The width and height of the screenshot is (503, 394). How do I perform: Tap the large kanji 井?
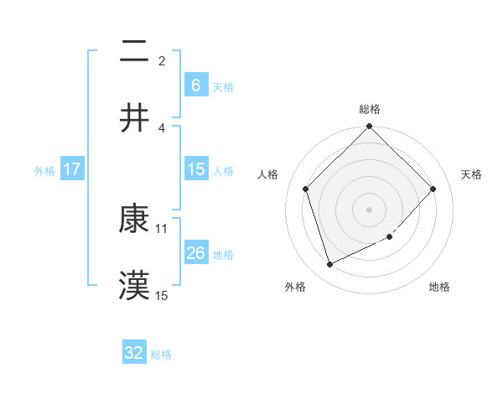point(134,118)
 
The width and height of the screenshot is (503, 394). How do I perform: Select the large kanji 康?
point(134,220)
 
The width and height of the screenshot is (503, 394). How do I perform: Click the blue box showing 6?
point(195,86)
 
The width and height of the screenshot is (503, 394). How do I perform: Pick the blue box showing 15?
point(195,169)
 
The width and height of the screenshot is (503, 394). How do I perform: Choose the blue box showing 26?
point(195,253)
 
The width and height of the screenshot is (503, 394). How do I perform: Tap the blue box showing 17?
point(72,169)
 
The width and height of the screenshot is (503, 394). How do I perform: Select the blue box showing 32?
point(134,353)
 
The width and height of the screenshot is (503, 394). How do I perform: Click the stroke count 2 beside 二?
point(162,60)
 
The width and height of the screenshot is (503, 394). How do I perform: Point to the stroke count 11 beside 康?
point(162,228)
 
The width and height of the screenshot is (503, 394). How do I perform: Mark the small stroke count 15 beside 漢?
point(162,295)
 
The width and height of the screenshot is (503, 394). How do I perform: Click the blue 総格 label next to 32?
point(161,355)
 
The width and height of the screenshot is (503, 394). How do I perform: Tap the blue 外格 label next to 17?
point(44,170)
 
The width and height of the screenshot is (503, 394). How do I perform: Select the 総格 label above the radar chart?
point(369,109)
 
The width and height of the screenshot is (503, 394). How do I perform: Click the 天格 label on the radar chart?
point(472,174)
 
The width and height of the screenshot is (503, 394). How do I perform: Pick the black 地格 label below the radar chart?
point(439,288)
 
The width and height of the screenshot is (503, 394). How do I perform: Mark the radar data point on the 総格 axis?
point(369,127)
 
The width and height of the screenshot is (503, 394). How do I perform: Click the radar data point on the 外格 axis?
point(330,264)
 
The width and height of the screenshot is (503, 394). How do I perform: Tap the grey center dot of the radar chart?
point(369,209)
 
